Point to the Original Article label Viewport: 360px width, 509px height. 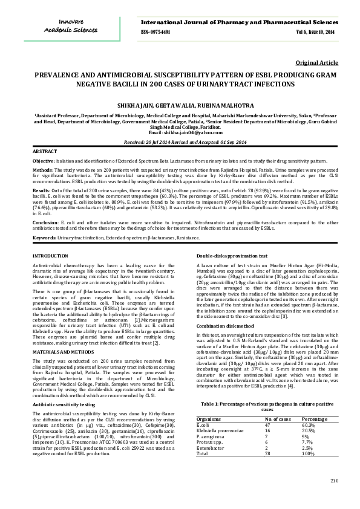tap(316, 63)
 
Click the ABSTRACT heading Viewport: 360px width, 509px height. tap(44, 150)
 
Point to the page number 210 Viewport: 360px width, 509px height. tap(334, 497)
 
